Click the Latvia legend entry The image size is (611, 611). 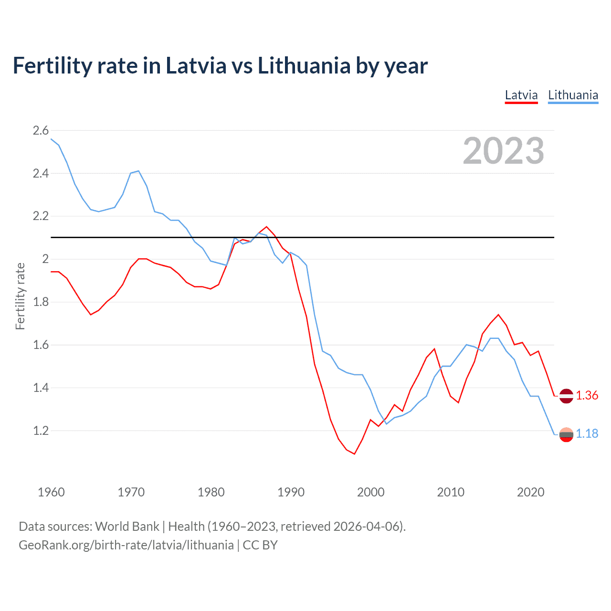click(x=521, y=95)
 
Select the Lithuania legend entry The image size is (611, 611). click(x=573, y=95)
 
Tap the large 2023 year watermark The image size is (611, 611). click(x=503, y=151)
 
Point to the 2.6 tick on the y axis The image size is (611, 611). click(x=41, y=130)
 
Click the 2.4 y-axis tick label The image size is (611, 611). click(x=41, y=173)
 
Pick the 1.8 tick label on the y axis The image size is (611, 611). click(x=41, y=302)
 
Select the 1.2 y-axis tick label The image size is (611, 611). click(x=41, y=431)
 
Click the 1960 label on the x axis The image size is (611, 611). click(x=51, y=492)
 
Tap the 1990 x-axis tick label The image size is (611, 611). click(x=291, y=492)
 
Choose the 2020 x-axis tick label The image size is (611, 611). click(x=530, y=492)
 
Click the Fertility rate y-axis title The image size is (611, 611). click(x=20, y=296)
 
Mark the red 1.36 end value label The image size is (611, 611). click(x=587, y=395)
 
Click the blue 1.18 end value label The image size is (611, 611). click(x=587, y=433)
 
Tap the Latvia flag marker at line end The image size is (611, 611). click(x=566, y=396)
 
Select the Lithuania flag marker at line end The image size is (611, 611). click(x=566, y=434)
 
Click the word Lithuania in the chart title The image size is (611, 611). click(x=303, y=66)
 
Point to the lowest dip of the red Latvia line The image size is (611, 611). click(x=354, y=453)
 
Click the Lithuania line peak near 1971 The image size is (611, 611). click(x=138, y=171)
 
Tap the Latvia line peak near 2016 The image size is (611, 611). click(x=498, y=315)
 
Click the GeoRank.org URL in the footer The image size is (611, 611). click(x=126, y=545)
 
